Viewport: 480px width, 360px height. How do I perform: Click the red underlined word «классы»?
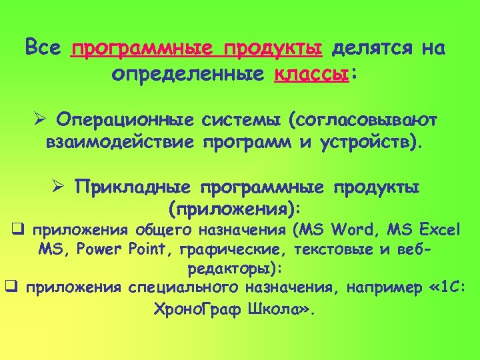(x=311, y=73)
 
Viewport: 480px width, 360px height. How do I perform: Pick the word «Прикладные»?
(x=133, y=187)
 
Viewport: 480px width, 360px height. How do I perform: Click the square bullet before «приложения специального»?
(x=10, y=287)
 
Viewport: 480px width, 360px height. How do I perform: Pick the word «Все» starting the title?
(x=43, y=49)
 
